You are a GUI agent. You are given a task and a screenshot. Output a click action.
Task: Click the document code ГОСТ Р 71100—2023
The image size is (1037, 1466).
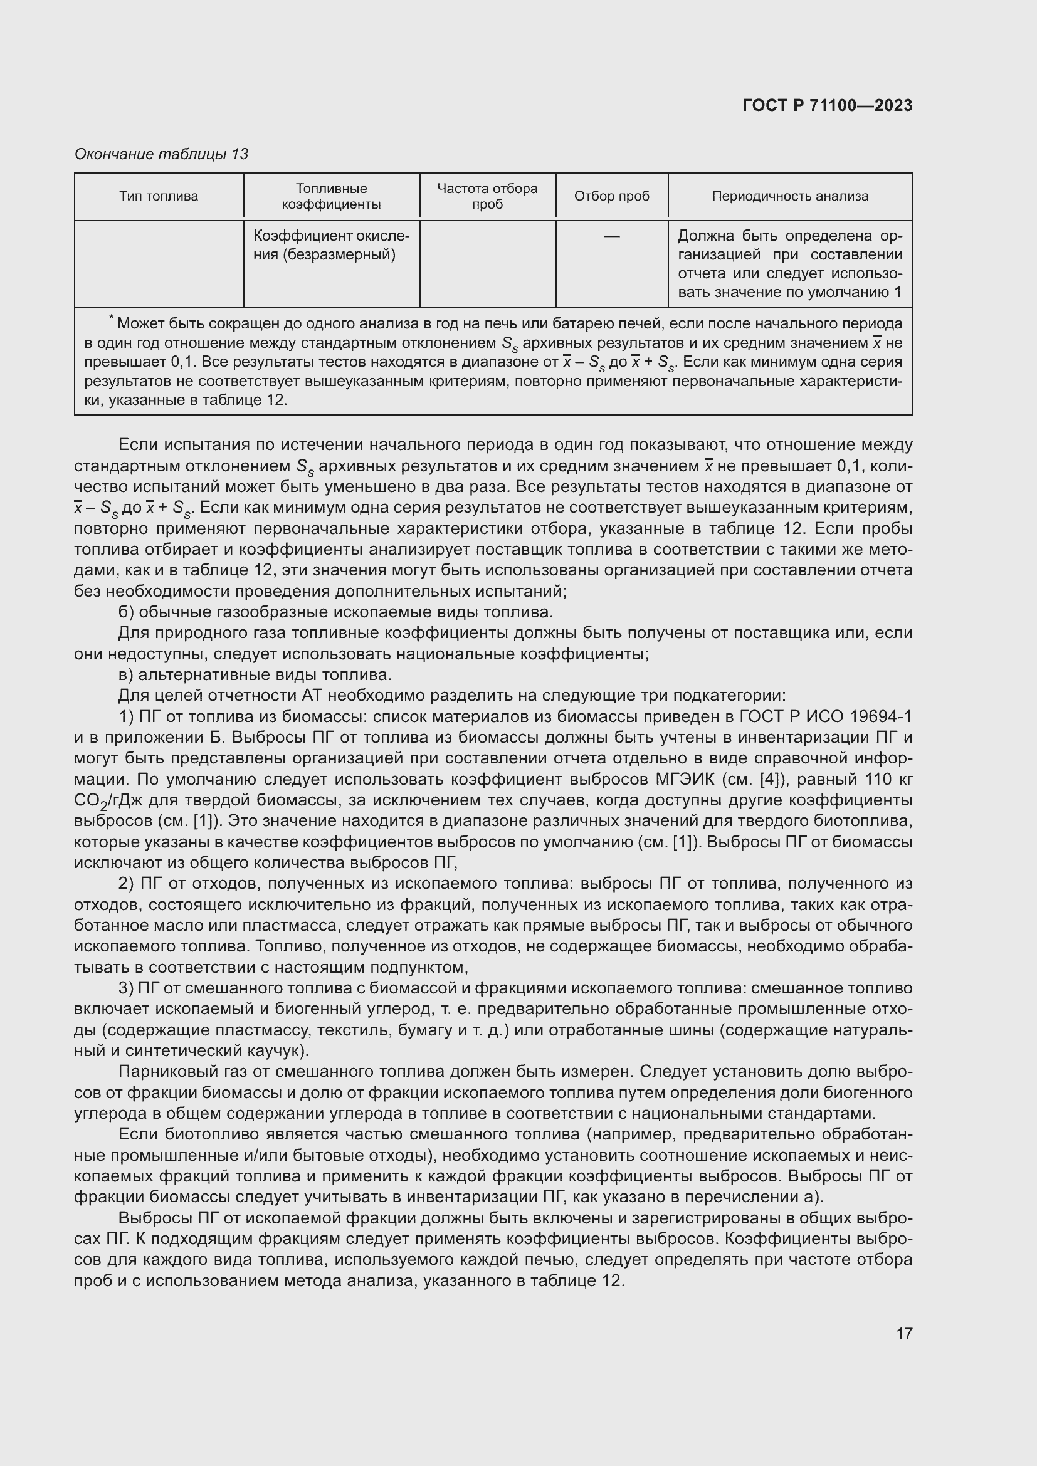point(827,105)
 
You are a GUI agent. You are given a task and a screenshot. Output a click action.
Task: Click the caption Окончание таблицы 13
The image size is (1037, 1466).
point(161,154)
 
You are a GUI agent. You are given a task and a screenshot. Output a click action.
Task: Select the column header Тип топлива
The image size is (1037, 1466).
point(159,196)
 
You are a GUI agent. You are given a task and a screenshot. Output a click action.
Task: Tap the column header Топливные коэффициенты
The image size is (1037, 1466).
point(331,196)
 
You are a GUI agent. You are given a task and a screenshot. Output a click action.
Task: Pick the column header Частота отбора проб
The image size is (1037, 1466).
point(487,196)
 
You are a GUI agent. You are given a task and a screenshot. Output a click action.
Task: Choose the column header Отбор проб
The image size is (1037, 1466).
point(611,196)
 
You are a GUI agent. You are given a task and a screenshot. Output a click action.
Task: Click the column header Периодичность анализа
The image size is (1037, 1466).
point(789,196)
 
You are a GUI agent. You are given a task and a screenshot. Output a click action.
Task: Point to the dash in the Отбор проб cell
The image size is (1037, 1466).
point(611,237)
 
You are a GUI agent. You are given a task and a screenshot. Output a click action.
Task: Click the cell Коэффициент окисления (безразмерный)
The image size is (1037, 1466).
point(331,245)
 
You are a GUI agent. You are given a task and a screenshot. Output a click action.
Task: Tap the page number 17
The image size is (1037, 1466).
point(903,1333)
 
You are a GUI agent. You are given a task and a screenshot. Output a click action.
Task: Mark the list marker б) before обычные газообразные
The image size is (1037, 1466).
point(126,612)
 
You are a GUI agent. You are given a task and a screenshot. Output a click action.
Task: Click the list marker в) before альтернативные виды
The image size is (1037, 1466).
point(126,675)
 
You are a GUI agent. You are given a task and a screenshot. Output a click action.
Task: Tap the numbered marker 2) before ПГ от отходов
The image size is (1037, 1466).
point(126,884)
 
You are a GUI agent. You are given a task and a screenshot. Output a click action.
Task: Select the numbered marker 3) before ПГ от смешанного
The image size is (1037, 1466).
point(126,988)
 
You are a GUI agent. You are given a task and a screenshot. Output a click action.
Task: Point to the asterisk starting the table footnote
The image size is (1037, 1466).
point(110,317)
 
